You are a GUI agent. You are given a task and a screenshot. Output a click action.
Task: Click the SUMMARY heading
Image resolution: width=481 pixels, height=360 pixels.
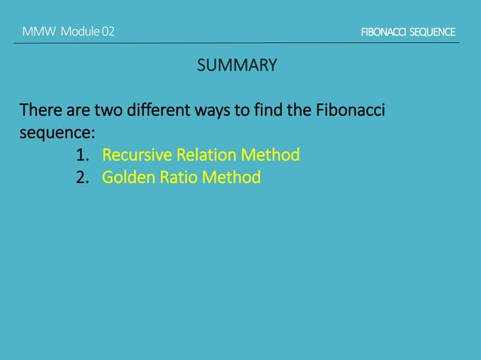(237, 66)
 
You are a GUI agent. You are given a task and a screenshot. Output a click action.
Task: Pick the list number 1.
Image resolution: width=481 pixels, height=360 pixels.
(82, 155)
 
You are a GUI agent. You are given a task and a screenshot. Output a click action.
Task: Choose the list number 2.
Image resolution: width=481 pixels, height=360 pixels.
(82, 178)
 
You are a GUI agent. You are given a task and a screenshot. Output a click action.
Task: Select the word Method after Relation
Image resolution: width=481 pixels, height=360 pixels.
(271, 155)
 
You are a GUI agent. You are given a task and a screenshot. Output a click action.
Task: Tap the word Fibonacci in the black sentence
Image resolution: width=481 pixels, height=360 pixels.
(351, 111)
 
